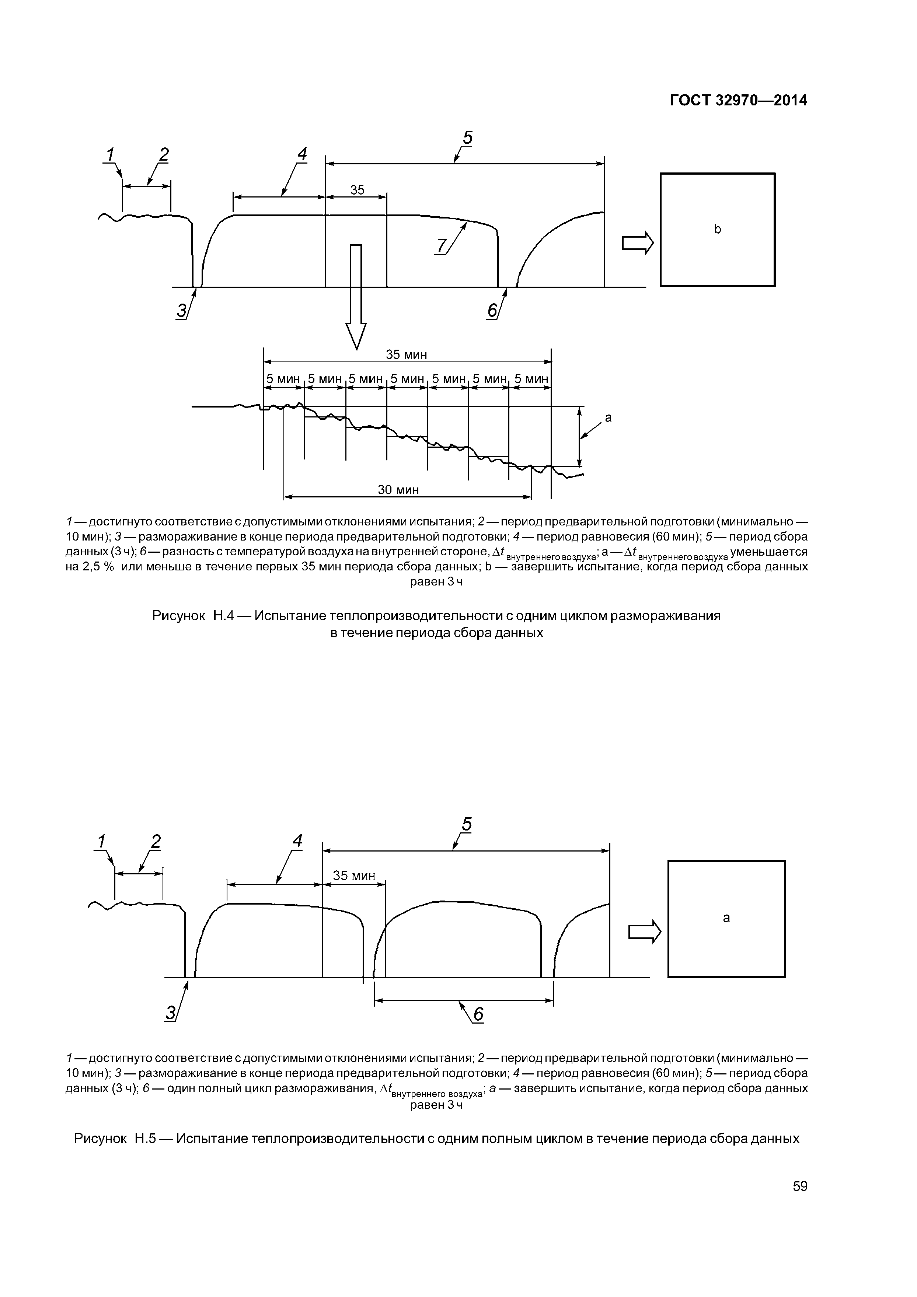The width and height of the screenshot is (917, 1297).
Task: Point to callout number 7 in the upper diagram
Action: point(440,246)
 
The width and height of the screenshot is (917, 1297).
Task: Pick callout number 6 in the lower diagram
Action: point(478,1014)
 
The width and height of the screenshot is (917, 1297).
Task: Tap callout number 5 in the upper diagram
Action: point(467,137)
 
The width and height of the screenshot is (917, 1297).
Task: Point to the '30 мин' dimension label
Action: point(398,490)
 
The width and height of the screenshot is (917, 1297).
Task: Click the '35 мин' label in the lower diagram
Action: point(354,875)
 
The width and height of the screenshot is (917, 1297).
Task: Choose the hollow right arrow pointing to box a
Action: point(644,931)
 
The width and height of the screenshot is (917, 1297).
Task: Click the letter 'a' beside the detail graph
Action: point(609,418)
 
